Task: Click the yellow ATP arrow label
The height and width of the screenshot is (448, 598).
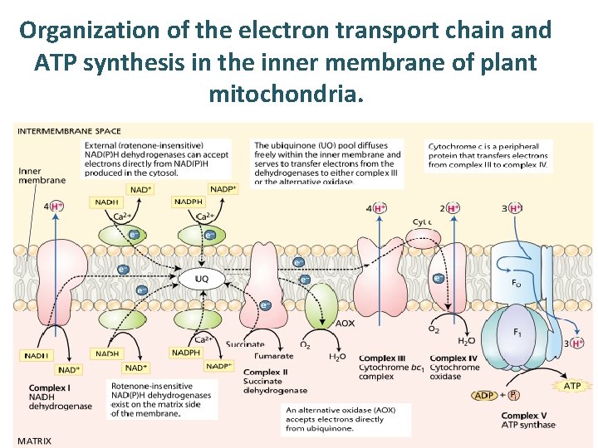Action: [571, 386]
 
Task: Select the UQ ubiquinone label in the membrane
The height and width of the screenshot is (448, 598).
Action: [201, 279]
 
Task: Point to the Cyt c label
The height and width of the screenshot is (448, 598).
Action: [422, 222]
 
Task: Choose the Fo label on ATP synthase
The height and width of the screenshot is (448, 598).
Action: [517, 282]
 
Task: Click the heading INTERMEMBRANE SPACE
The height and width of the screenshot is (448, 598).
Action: [68, 131]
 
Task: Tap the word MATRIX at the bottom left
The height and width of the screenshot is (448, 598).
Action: [35, 441]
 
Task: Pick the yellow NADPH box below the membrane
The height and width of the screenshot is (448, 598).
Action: [186, 353]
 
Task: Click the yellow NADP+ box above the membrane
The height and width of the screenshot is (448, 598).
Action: [223, 189]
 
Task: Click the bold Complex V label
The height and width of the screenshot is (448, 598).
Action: [526, 415]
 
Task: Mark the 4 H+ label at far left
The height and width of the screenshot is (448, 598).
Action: [52, 206]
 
